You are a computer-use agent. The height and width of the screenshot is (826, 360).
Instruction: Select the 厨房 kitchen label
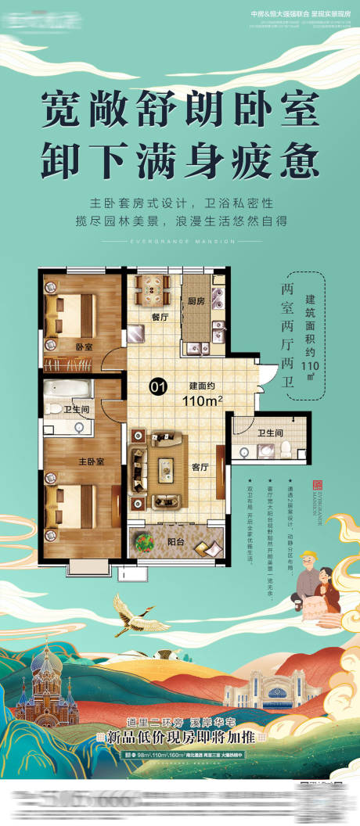point(196,300)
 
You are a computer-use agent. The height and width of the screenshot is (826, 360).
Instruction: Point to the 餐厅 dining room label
point(160,318)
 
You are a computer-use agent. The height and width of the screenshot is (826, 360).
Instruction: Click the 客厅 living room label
point(200,466)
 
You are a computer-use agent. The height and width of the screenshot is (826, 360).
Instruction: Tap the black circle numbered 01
point(157,385)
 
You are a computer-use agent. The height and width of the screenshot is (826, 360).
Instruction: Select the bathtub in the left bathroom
point(68,389)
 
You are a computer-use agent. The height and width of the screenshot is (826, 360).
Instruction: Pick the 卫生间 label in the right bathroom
point(270,432)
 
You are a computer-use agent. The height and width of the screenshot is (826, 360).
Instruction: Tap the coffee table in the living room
point(166,468)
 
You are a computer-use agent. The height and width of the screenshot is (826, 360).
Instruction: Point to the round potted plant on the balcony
point(146,540)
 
